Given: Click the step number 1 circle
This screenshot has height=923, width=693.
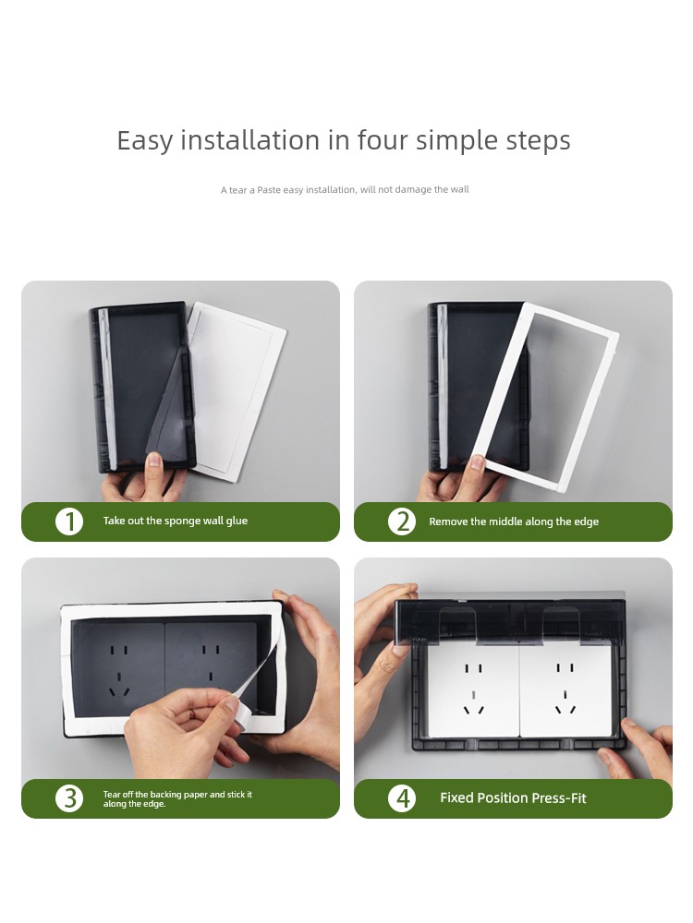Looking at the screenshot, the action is (x=69, y=521).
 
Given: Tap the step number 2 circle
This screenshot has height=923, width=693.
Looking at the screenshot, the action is (x=403, y=521).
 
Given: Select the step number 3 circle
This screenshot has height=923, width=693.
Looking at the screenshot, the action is (x=69, y=798).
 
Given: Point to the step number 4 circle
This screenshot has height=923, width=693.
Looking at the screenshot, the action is (x=403, y=798).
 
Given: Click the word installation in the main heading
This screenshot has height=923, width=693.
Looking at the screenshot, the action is (x=250, y=140).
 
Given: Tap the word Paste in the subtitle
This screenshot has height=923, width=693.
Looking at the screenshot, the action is (x=269, y=189).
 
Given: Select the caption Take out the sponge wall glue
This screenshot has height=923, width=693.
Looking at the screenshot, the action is (x=175, y=521).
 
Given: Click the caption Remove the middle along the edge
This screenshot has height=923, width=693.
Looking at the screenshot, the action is (x=514, y=521).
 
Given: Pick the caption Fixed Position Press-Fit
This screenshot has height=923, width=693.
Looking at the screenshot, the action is (x=513, y=798).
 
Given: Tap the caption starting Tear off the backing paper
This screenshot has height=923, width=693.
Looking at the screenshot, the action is (x=177, y=798).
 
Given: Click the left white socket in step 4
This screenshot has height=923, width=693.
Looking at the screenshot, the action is (x=473, y=690).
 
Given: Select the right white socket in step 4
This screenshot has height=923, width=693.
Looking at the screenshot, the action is (x=565, y=690).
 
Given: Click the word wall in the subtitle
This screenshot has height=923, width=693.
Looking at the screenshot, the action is (x=459, y=189).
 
